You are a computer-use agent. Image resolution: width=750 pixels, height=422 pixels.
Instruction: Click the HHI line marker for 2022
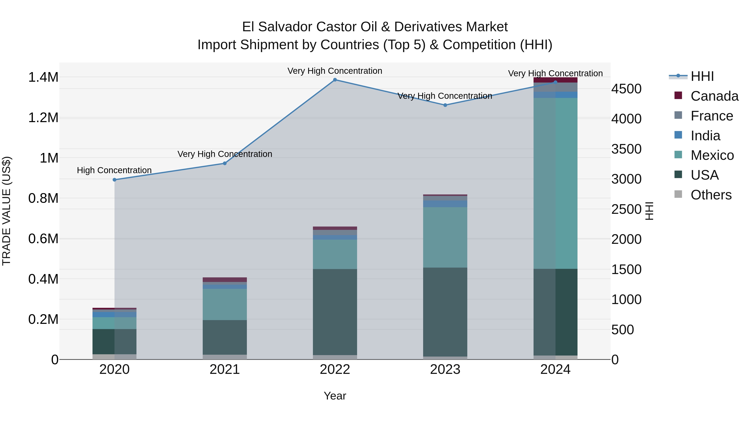click(x=335, y=80)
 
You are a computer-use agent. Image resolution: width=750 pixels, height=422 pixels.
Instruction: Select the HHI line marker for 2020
click(x=114, y=180)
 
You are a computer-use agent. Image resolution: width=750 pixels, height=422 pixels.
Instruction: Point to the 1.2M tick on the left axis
click(x=43, y=118)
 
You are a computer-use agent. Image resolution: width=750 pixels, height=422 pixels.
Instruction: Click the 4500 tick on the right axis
click(x=626, y=89)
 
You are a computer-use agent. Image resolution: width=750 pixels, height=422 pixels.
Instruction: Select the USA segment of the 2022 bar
click(x=335, y=312)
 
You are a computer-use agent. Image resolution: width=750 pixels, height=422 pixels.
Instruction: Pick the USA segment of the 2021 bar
click(x=224, y=337)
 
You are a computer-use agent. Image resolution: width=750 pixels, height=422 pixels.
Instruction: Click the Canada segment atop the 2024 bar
click(x=555, y=80)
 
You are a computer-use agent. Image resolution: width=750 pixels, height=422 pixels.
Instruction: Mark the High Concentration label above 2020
click(x=114, y=170)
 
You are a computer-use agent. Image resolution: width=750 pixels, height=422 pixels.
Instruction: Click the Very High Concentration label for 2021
click(x=224, y=154)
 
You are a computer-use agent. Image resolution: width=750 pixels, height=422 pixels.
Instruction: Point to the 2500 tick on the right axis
click(x=626, y=210)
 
